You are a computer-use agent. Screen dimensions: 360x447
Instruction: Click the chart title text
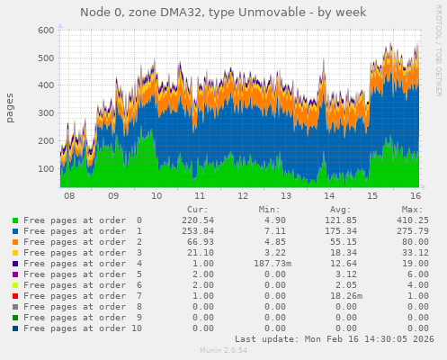223,12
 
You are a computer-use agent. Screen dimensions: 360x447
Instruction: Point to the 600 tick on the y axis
43,30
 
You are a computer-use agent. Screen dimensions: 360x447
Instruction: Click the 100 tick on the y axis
43,168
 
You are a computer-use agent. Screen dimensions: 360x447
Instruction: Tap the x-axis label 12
243,195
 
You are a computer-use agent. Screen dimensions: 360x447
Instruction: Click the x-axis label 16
416,195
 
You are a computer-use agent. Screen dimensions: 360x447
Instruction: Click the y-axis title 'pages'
10,107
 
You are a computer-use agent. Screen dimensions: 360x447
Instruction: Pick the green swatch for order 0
14,220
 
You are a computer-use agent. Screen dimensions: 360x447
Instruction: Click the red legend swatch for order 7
14,296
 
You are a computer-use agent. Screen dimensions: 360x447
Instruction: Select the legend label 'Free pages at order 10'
83,328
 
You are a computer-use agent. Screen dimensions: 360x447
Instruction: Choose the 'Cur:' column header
197,209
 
